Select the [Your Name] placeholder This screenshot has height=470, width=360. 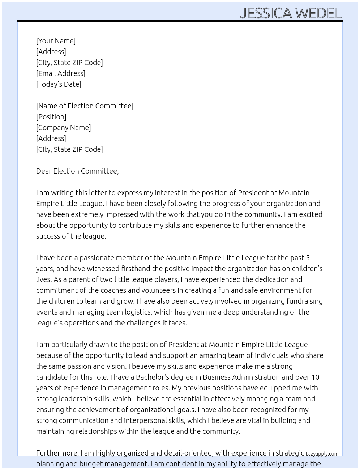[x=56, y=41]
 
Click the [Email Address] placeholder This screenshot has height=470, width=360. [x=61, y=73]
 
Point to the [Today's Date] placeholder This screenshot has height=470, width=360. [x=59, y=84]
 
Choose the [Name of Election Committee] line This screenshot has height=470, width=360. [x=85, y=106]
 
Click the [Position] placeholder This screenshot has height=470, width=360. [x=51, y=117]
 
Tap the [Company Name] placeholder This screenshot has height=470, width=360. [x=64, y=128]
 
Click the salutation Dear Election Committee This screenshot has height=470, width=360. [x=77, y=171]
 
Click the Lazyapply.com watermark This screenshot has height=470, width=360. [x=322, y=454]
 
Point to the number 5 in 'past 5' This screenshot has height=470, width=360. [x=308, y=258]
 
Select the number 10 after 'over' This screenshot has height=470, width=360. [x=315, y=377]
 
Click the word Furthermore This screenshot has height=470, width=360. [x=57, y=453]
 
